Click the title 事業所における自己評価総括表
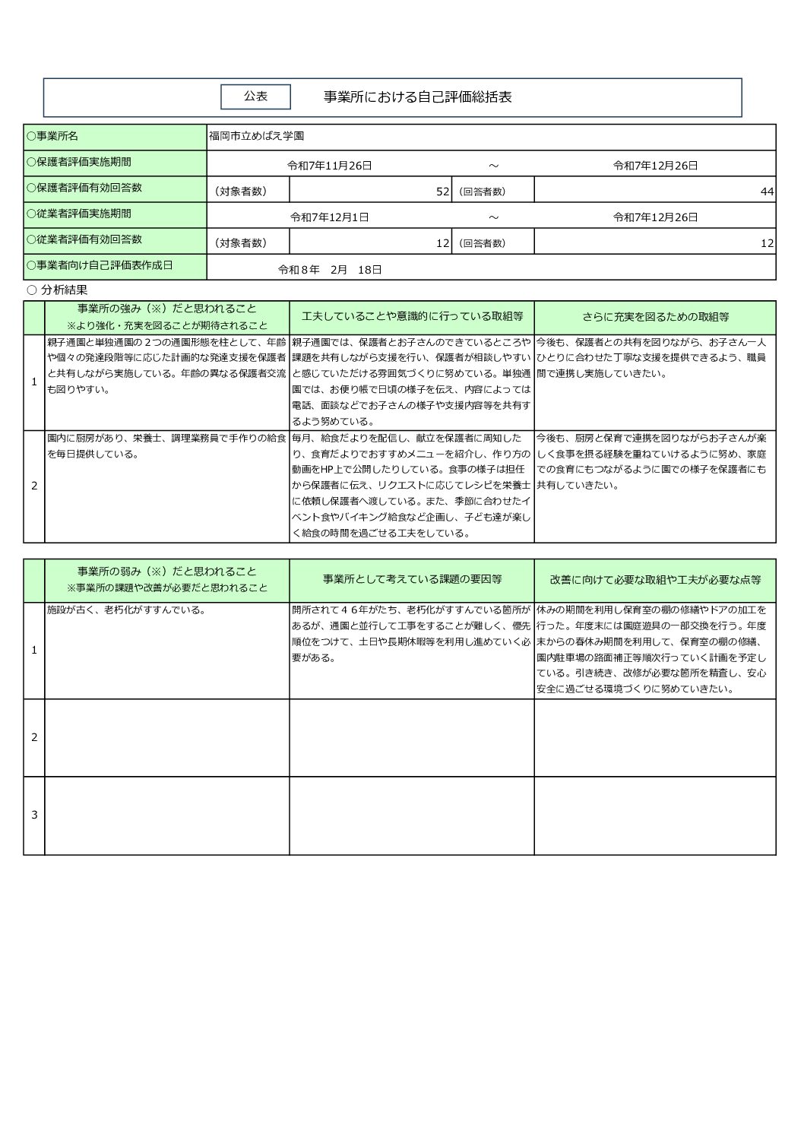417,97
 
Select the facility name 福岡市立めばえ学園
257,137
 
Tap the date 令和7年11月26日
329,165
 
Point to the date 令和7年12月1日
330,217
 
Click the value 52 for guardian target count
443,192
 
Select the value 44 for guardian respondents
767,192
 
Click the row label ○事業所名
52,137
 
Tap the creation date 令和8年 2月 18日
330,269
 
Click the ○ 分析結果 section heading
57,290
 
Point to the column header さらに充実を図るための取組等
655,316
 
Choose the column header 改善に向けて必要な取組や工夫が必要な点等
655,579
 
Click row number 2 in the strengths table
34,486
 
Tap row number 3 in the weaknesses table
34,815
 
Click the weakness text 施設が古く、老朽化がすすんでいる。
126,610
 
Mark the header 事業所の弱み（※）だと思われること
167,572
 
